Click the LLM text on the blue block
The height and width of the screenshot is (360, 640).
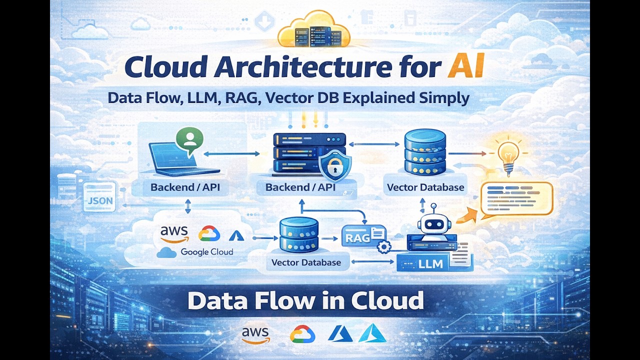pyautogui.click(x=430, y=263)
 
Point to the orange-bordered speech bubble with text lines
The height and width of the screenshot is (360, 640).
pyautogui.click(x=516, y=198)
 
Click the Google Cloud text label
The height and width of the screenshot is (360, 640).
pyautogui.click(x=207, y=252)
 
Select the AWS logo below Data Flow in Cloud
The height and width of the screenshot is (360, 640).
pyautogui.click(x=255, y=334)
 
